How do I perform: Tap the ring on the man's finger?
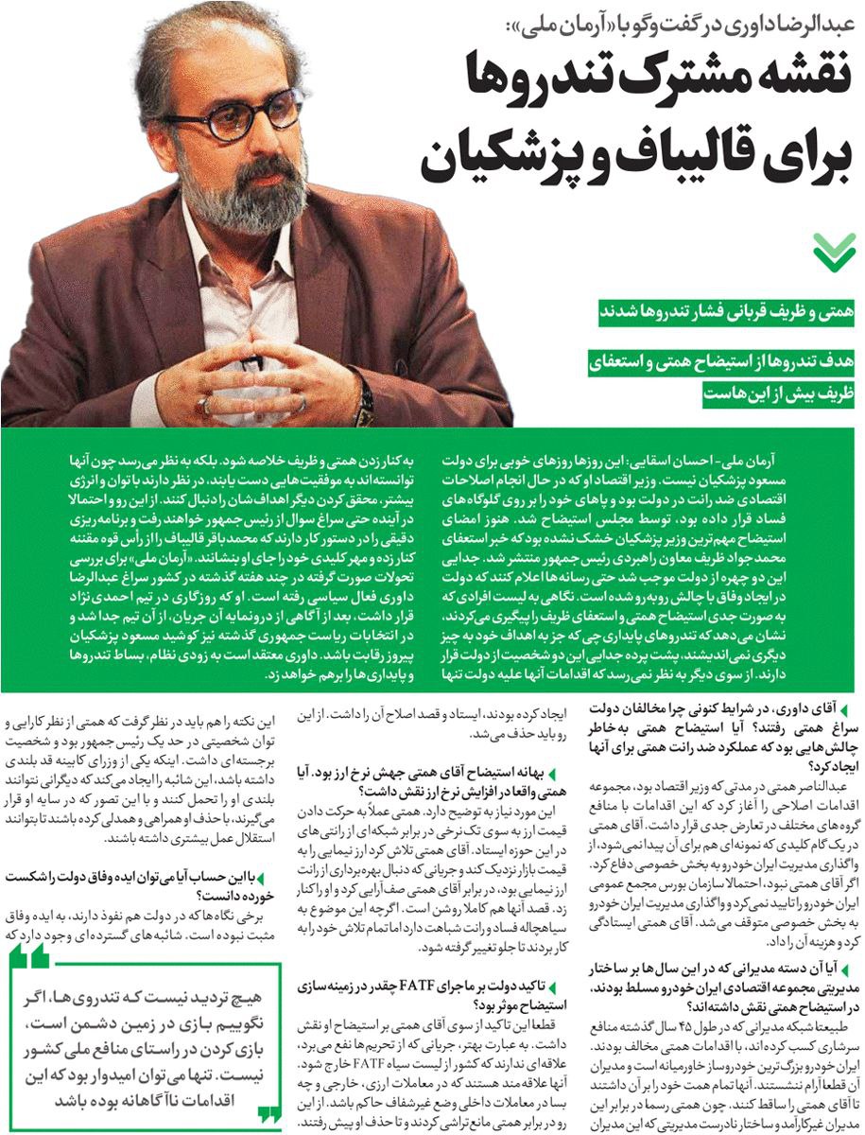[203, 406]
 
